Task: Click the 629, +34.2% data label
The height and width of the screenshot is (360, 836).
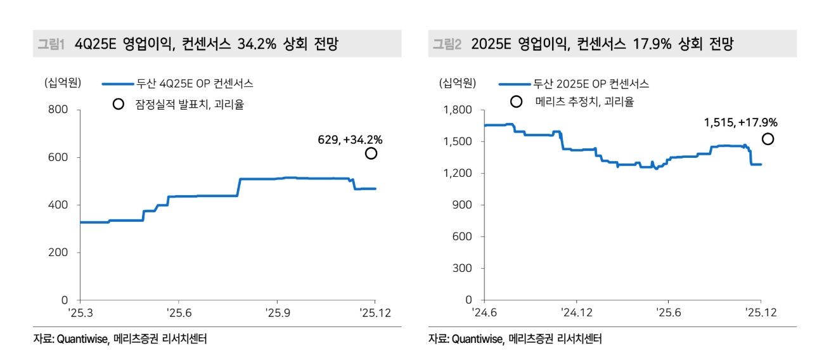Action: (x=350, y=139)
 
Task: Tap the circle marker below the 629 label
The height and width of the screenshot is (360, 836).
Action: (x=371, y=153)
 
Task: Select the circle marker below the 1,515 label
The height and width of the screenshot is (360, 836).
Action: (x=768, y=139)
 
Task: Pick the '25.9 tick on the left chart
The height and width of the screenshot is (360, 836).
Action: (x=277, y=312)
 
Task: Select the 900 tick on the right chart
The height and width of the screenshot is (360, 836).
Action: (x=463, y=205)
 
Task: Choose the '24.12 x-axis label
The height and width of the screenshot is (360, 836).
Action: (x=576, y=312)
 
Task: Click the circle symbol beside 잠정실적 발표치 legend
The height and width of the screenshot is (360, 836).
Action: (x=118, y=105)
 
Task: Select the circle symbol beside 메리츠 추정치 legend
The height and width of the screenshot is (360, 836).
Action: (x=517, y=101)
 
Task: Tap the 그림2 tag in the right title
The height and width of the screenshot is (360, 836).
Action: (x=447, y=44)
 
